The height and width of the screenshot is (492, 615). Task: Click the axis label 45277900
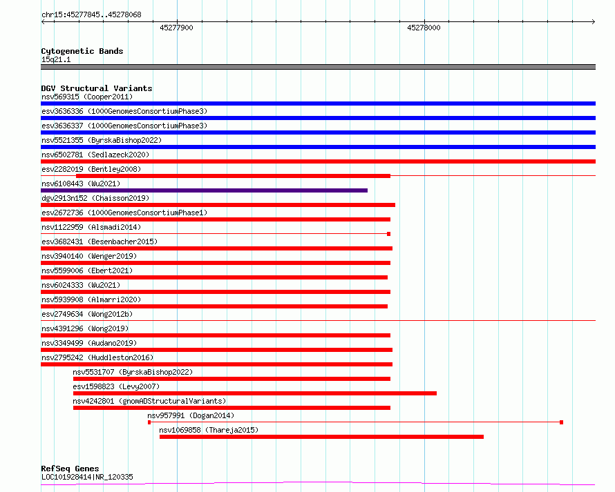pos(176,28)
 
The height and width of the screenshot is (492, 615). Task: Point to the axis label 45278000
pos(424,28)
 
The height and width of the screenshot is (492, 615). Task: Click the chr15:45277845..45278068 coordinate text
pos(91,15)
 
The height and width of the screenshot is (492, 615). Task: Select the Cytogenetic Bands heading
pos(82,51)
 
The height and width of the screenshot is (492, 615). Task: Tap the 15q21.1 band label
pos(56,59)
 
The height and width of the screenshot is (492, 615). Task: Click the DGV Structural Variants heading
pos(97,88)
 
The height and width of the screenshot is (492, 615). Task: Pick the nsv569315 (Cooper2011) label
pos(87,97)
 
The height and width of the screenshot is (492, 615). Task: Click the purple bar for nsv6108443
pos(205,190)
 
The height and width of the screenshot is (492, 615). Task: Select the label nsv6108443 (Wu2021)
pos(81,184)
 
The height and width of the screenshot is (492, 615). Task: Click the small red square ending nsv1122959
pos(388,234)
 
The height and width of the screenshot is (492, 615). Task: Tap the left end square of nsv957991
pos(149,422)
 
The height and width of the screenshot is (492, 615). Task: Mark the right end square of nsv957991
pos(562,422)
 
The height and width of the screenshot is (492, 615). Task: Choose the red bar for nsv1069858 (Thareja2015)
pos(321,437)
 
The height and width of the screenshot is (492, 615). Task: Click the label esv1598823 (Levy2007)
pos(116,386)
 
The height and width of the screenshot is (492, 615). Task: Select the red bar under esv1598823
pos(255,393)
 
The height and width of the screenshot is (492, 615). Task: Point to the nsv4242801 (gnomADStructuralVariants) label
pos(149,401)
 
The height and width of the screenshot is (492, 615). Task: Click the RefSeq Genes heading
pos(70,469)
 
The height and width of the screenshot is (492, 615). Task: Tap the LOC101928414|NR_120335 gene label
pos(87,477)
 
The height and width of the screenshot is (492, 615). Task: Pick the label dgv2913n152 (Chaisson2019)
pos(95,198)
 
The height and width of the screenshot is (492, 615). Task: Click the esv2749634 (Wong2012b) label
pos(87,314)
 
